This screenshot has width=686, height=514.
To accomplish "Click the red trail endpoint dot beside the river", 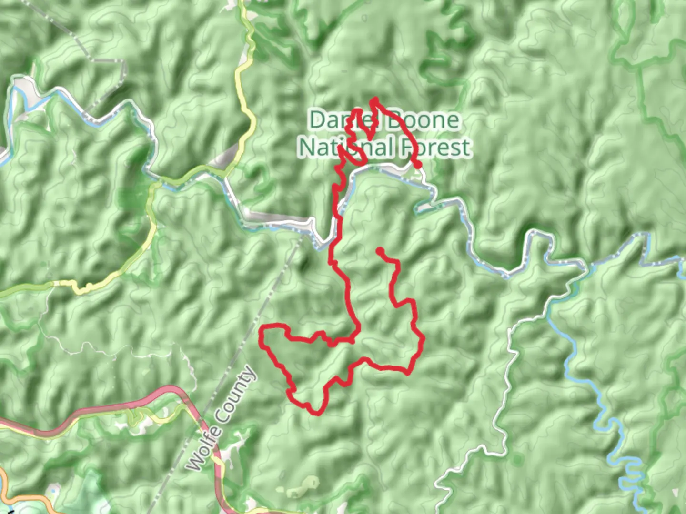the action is [418, 165].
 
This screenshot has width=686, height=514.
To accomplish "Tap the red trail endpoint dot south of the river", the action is [380, 250].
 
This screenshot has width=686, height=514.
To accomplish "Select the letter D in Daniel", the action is [318, 119].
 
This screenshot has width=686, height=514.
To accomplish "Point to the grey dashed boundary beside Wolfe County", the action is [267, 300].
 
